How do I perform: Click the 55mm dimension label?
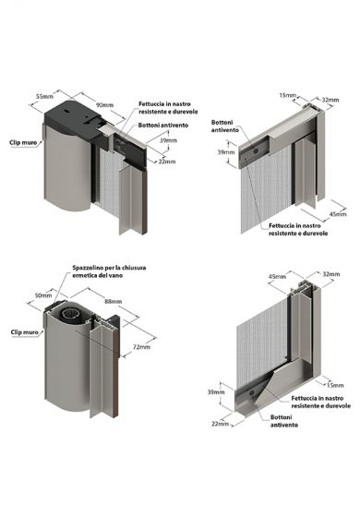tap(44, 96)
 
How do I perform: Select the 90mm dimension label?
tap(104, 105)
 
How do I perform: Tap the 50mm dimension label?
tap(43, 295)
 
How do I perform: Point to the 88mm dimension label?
tap(113, 301)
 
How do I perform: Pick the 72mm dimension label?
tap(141, 346)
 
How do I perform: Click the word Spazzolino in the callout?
tap(88, 268)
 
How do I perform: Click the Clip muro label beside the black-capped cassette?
tap(23, 142)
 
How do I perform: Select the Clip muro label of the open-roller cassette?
tap(24, 332)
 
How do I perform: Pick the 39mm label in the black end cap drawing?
tap(168, 140)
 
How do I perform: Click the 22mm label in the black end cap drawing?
tap(167, 162)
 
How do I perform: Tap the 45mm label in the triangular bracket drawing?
tap(277, 276)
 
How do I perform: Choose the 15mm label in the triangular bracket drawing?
tap(335, 385)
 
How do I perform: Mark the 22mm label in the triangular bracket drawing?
tap(220, 424)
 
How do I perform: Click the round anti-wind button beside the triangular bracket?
tap(252, 393)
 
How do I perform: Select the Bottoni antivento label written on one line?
tap(163, 126)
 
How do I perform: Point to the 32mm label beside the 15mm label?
tap(330, 100)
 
